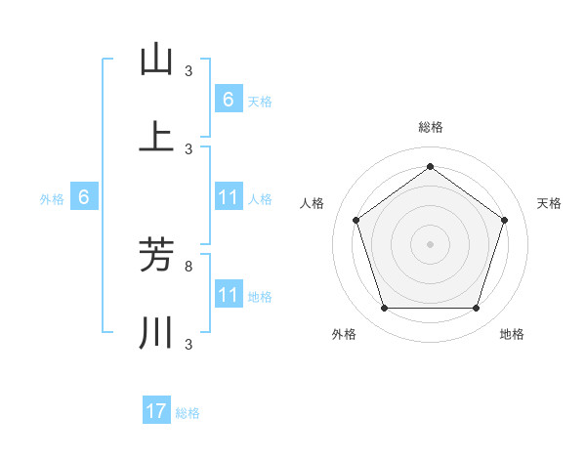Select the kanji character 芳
coord(156,255)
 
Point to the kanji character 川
coord(156,333)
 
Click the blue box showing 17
coord(156,411)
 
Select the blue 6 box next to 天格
coord(228,99)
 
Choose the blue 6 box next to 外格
coord(84,198)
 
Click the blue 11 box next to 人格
coord(228,198)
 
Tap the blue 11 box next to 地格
coord(228,295)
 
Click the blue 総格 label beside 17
coord(188,413)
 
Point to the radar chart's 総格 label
coord(431,127)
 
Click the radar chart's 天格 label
coord(549,203)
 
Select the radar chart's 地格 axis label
coord(512,334)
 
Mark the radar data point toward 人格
coord(356,220)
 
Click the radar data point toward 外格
coord(384,309)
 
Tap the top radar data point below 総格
coord(430,167)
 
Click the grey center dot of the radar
coord(430,244)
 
